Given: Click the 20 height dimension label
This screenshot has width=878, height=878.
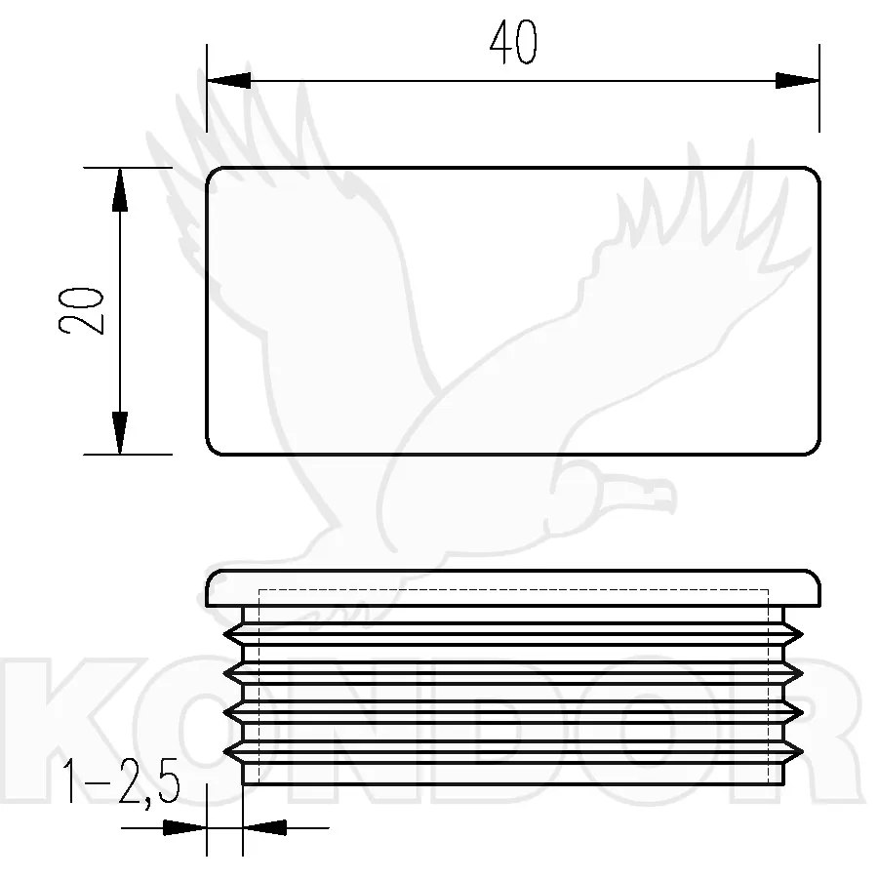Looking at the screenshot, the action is point(82,311).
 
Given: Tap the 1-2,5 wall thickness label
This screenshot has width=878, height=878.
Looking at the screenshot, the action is point(122,782).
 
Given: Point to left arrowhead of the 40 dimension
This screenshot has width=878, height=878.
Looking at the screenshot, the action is point(228,81).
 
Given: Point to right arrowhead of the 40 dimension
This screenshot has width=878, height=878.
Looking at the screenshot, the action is point(797,81).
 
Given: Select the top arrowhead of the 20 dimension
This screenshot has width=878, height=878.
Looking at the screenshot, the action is point(120,189).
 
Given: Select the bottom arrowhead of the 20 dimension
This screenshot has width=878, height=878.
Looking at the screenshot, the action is point(120,433).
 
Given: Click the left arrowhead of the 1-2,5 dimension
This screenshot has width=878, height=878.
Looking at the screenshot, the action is point(184,827).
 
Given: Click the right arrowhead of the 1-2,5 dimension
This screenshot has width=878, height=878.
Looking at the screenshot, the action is point(264,827).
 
